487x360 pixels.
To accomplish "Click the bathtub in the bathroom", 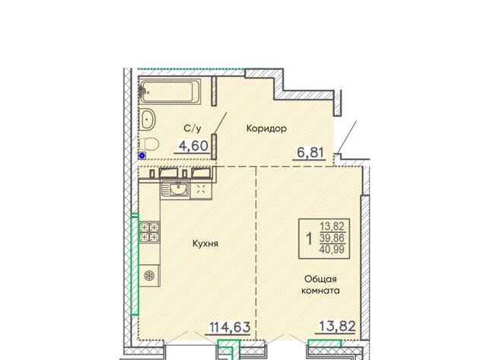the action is pos(170,91).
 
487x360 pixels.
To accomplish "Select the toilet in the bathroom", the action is pos(148,144).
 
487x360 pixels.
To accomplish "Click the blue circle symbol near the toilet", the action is pos(142,156).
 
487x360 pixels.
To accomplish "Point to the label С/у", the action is pos(193,129).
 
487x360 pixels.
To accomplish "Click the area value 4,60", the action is pos(193,145).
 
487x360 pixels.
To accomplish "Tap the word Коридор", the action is pos(266,129).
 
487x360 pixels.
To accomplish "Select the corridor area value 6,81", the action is pos(310,152).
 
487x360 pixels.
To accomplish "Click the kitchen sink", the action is pos(175,190).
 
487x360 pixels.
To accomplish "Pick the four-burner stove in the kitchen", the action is pos(149,232).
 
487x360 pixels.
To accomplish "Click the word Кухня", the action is pos(205,244).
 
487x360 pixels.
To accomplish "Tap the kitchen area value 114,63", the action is pos(230,327).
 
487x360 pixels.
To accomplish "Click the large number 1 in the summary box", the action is pos(309,239).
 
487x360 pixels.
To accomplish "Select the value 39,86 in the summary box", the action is pos(332,238).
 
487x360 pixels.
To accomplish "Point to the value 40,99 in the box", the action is pos(333,249).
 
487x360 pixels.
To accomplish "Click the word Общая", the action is pos(320,279).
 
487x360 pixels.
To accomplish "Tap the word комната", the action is pos(320,291).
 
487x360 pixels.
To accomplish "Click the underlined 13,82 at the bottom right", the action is pos(337,327).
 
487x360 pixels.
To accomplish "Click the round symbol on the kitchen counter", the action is pos(149,276).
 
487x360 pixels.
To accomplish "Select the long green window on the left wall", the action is pos(134,264).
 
